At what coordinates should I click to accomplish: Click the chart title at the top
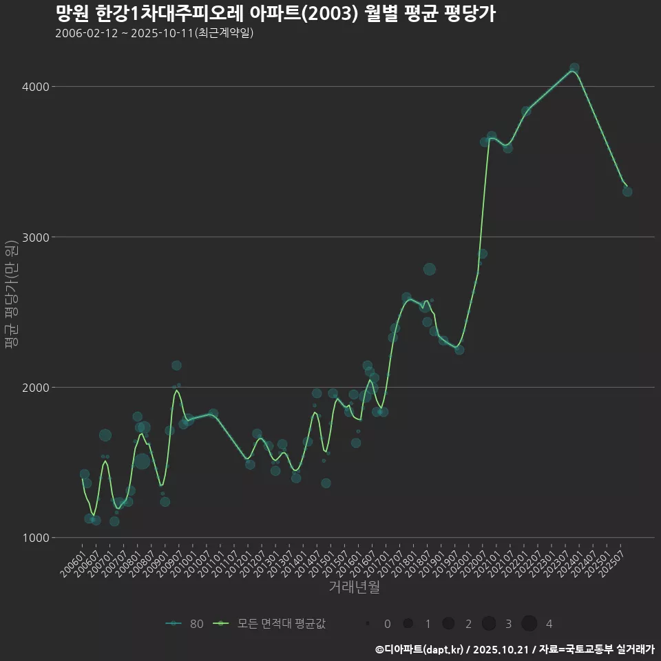point(275,14)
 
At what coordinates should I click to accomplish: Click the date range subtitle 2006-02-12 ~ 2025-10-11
point(154,33)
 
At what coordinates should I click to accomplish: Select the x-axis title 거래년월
point(354,587)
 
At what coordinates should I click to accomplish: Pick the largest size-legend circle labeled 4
point(529,624)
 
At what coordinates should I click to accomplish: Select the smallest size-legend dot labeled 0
point(368,624)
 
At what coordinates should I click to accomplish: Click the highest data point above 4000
point(574,68)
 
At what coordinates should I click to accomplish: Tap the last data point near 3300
point(627,191)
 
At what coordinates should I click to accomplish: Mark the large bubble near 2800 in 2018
point(430,269)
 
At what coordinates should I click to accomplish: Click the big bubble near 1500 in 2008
point(142,461)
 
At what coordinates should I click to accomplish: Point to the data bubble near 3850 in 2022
point(526,111)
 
